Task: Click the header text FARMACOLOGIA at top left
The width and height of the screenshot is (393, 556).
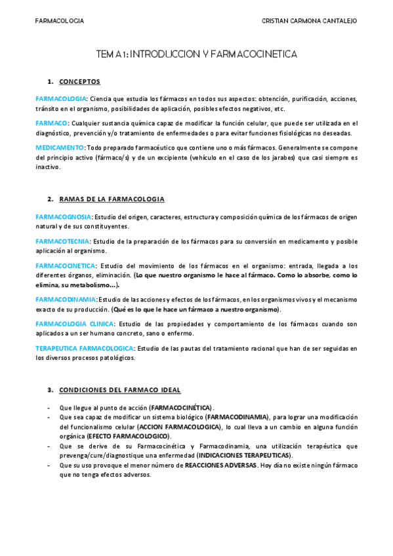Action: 59,21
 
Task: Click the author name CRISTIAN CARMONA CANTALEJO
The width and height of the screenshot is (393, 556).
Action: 309,21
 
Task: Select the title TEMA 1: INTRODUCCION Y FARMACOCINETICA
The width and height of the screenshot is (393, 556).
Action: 196,54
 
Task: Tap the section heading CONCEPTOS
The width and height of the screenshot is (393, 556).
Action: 79,82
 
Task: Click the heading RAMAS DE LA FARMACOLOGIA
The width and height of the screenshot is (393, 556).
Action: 112,199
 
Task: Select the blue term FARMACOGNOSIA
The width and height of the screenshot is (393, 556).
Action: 64,216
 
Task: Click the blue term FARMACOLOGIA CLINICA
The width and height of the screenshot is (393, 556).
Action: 74,324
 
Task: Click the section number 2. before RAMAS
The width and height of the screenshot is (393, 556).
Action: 50,199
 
